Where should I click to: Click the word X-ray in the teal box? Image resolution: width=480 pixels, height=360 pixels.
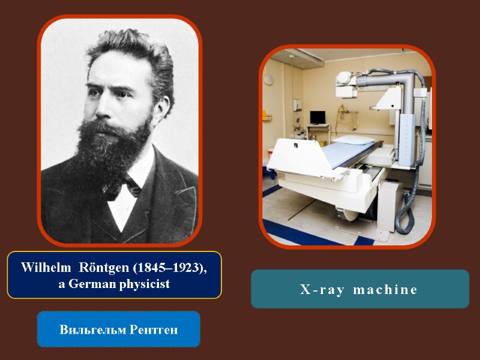[x=322, y=290]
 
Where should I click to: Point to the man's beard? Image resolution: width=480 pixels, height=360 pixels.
[x=117, y=147]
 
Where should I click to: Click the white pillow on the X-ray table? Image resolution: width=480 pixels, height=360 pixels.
[x=353, y=140]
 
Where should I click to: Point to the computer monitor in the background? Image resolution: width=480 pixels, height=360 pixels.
[x=317, y=117]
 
